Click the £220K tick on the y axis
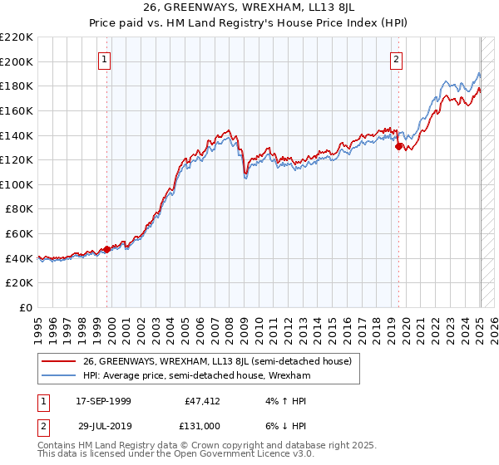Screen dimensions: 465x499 (17, 37)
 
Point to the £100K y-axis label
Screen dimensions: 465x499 (17, 184)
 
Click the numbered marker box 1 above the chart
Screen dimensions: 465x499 (105, 59)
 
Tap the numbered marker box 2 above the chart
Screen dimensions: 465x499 (396, 59)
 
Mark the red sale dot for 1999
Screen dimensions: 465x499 (107, 249)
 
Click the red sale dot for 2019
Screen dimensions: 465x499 (399, 147)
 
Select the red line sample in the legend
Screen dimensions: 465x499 (57, 361)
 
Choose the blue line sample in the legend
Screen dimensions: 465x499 (57, 375)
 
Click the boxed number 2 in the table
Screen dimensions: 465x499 (44, 424)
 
